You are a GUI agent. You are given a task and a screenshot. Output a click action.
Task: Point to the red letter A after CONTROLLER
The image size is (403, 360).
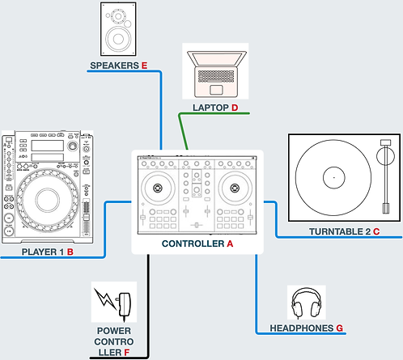click(230, 244)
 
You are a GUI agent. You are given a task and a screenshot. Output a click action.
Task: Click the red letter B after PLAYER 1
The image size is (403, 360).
click(70, 252)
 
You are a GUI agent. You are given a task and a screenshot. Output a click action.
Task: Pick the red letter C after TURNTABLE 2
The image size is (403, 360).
click(376, 231)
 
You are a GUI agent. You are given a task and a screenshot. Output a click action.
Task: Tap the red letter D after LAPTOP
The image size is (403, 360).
click(235, 107)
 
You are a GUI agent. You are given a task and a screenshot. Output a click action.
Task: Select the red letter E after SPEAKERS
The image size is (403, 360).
click(144, 65)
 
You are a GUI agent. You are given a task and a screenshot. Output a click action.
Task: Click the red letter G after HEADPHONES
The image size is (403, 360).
click(340, 328)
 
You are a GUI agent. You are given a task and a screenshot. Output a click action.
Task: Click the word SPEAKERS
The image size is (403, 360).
click(113, 65)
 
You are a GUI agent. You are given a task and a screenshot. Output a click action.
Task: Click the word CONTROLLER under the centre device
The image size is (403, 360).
click(193, 244)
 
